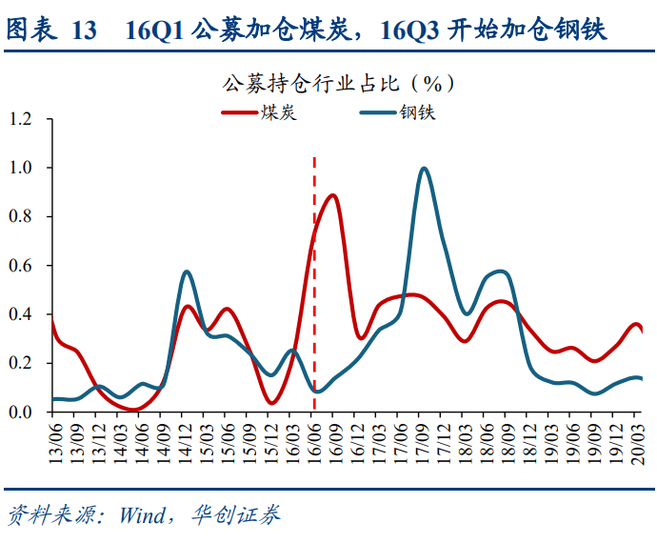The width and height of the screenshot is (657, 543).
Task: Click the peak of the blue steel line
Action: tap(424, 169)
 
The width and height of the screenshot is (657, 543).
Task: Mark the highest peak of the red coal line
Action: tap(332, 195)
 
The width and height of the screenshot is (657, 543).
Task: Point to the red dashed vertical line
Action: tap(314, 286)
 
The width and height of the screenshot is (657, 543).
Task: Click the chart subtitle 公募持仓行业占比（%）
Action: tap(338, 83)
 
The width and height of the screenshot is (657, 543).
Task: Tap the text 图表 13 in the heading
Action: tap(51, 30)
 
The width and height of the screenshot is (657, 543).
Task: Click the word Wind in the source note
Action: tap(140, 515)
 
